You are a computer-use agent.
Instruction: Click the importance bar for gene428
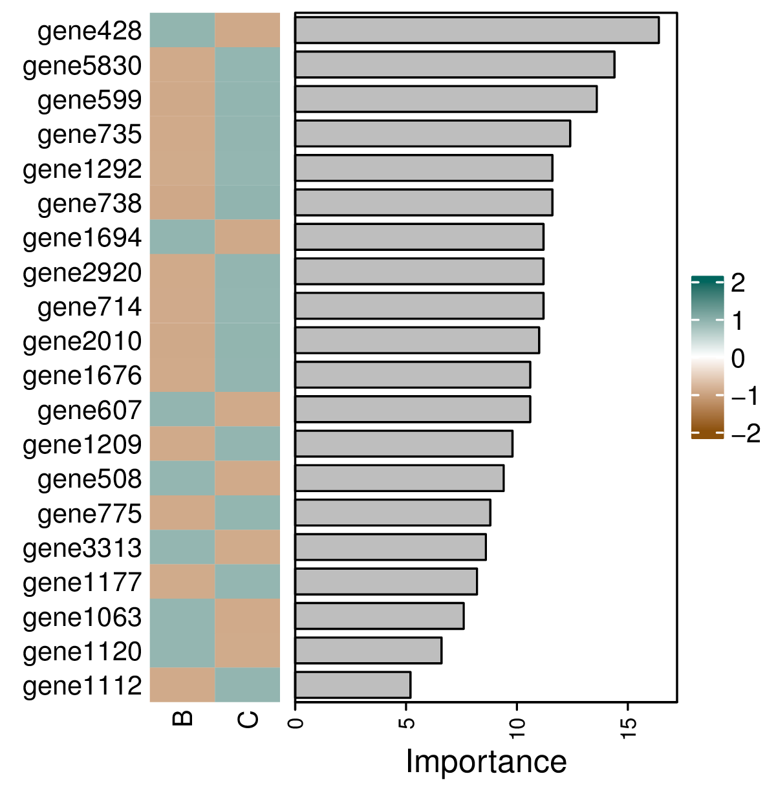click(x=477, y=30)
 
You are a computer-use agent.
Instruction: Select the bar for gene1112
click(x=352, y=685)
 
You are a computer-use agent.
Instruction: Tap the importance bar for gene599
click(x=446, y=100)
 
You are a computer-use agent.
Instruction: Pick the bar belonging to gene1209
click(x=404, y=444)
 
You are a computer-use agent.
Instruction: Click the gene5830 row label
click(x=82, y=66)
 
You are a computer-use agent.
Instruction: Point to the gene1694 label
click(x=82, y=238)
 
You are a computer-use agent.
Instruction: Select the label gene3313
click(x=82, y=548)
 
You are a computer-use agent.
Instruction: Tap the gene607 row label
click(x=89, y=410)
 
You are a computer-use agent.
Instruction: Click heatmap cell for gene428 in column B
click(x=182, y=30)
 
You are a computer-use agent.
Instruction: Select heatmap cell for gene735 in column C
click(x=248, y=134)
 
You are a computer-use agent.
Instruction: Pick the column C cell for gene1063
click(x=248, y=616)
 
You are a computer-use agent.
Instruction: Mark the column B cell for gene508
click(x=182, y=479)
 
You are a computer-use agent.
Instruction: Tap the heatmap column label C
click(x=248, y=718)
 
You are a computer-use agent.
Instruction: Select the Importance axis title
click(x=486, y=761)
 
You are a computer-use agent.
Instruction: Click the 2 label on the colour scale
click(x=738, y=283)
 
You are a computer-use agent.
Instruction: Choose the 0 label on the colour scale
click(x=738, y=358)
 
